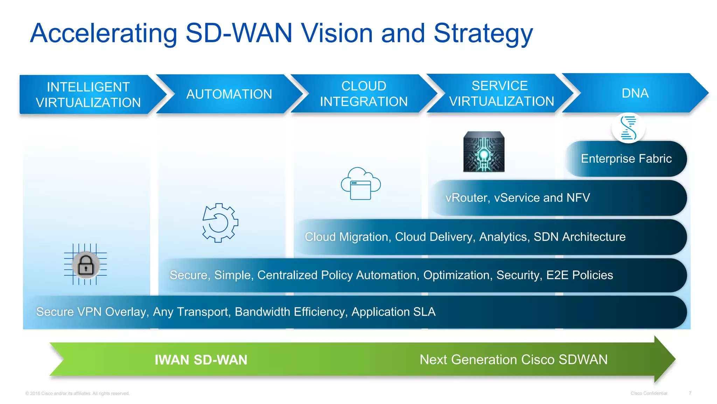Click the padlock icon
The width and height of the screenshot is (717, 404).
click(x=86, y=265)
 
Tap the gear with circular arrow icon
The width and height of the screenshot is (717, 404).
click(x=220, y=223)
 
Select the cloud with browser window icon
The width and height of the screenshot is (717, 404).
click(x=361, y=184)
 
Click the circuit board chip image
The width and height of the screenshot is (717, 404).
click(x=484, y=151)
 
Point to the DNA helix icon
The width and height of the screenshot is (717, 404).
click(x=628, y=128)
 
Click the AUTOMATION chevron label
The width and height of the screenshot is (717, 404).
click(x=229, y=94)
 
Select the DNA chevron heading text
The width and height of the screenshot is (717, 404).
click(x=635, y=93)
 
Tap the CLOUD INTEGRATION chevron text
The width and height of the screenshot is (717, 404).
click(x=364, y=94)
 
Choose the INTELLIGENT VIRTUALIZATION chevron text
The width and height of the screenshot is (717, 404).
click(x=88, y=95)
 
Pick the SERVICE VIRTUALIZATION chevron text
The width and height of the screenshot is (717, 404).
click(x=501, y=93)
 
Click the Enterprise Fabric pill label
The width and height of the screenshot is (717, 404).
click(x=626, y=159)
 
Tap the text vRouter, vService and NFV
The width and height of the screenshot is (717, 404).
click(x=517, y=198)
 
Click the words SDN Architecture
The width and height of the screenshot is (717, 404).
click(x=579, y=237)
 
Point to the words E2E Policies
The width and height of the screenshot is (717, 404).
click(x=579, y=275)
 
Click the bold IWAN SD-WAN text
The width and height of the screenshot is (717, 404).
click(x=201, y=360)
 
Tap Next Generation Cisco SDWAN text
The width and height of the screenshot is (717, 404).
click(x=513, y=360)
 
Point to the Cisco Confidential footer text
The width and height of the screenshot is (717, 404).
click(x=649, y=393)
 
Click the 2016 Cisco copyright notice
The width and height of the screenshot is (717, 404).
click(x=77, y=393)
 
